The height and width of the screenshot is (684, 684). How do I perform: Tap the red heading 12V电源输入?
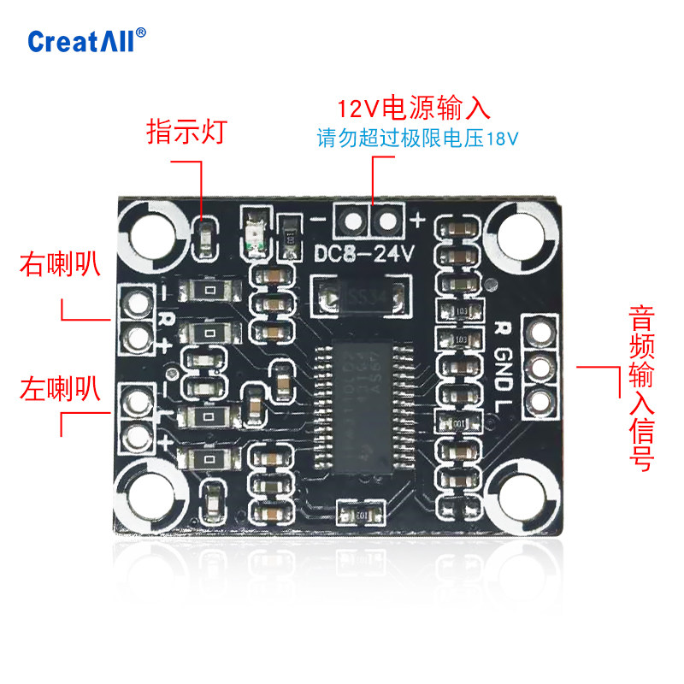(x=414, y=109)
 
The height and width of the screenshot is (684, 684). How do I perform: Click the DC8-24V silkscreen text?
(x=364, y=254)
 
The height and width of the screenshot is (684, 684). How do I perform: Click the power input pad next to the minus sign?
(x=351, y=221)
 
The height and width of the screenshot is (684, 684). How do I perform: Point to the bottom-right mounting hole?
(x=523, y=498)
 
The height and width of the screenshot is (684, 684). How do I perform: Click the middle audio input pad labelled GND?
(x=539, y=369)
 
